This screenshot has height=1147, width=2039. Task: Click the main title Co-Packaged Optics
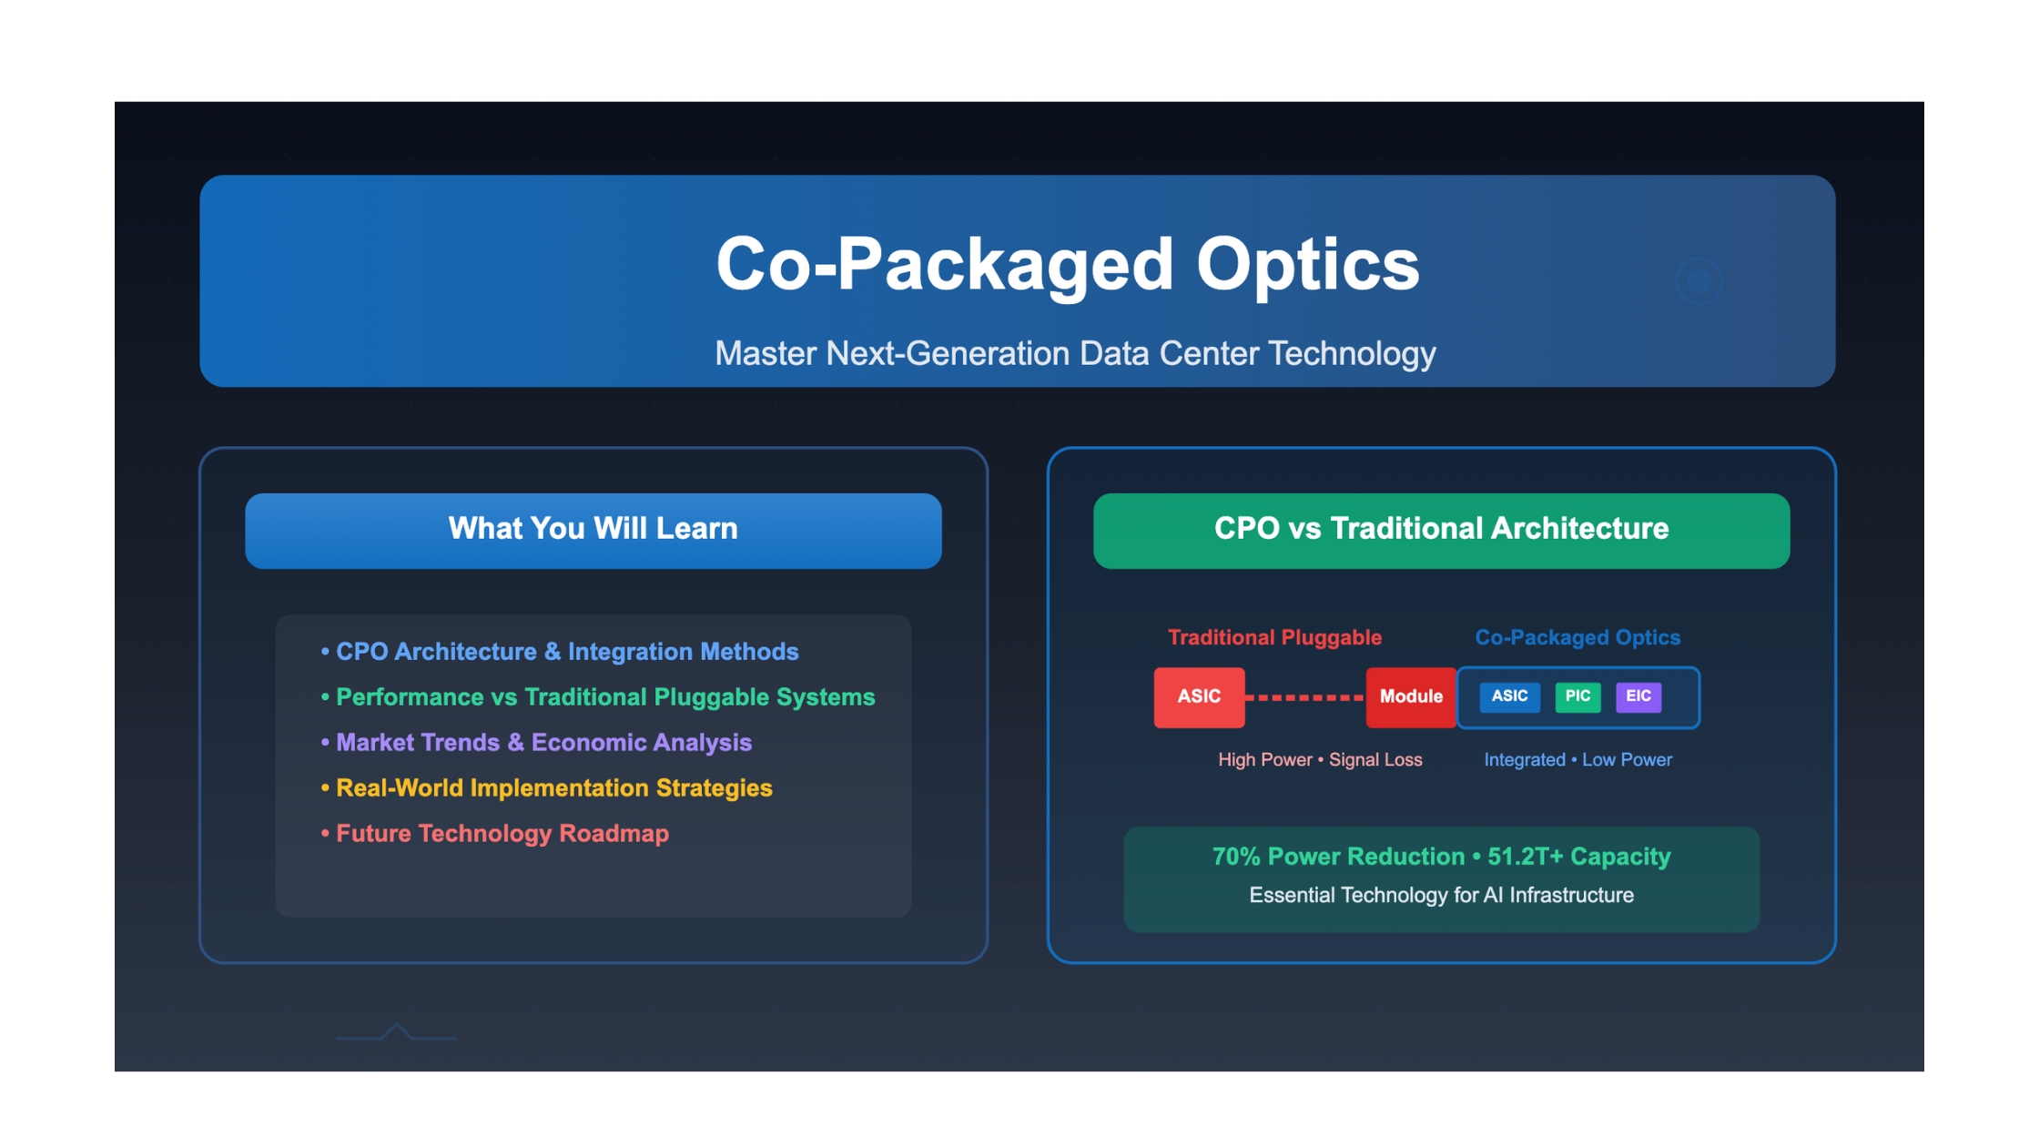(x=1067, y=264)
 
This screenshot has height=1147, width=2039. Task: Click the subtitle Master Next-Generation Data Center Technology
(x=1075, y=353)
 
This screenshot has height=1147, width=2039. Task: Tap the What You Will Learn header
(x=593, y=529)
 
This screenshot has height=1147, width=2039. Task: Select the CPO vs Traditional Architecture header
(x=1441, y=529)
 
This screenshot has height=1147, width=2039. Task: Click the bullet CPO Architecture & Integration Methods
(x=560, y=652)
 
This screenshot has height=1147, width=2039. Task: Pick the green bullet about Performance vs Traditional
(x=598, y=697)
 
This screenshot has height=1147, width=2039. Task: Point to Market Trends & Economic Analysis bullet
(x=536, y=743)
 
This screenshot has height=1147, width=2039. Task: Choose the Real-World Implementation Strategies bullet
(x=546, y=788)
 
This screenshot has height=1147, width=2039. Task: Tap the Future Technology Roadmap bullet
(x=494, y=834)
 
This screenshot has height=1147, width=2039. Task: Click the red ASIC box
(x=1199, y=697)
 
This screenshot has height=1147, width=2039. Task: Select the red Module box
(x=1411, y=697)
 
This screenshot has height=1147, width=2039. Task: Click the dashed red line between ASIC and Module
(x=1305, y=697)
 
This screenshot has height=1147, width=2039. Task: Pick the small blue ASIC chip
(x=1509, y=696)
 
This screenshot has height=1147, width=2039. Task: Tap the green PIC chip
(x=1577, y=696)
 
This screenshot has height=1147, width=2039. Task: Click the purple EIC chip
(x=1638, y=696)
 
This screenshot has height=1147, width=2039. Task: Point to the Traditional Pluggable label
(x=1274, y=637)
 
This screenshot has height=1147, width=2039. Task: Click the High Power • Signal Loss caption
(x=1320, y=759)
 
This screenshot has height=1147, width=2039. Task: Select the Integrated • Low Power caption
(x=1577, y=759)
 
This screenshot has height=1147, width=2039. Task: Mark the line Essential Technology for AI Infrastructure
(x=1441, y=896)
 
